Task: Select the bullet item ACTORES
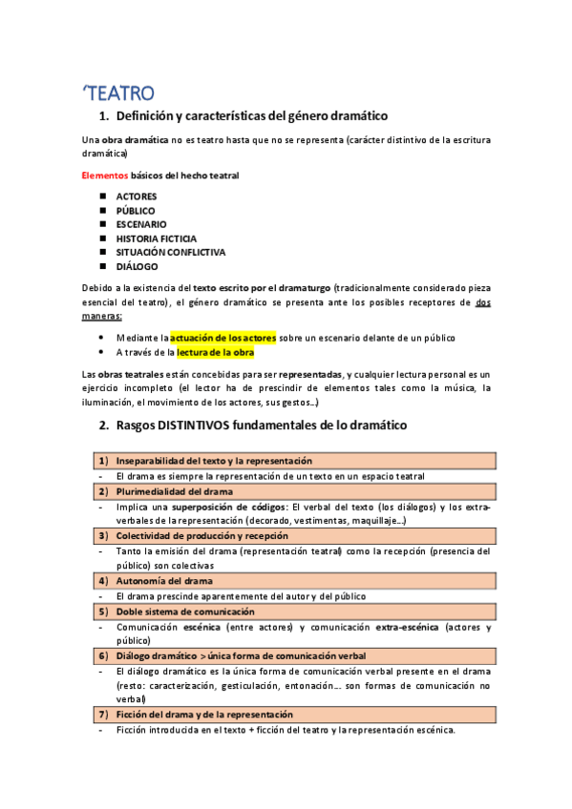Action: tap(137, 197)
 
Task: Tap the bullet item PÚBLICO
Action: tap(136, 211)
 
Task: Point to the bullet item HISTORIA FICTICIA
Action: tap(157, 239)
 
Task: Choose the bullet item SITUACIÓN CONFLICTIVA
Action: tap(171, 252)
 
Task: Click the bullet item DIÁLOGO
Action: tap(138, 266)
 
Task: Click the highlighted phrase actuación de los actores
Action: tap(223, 338)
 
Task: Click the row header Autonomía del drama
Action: tap(164, 580)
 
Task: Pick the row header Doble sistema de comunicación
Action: tap(185, 611)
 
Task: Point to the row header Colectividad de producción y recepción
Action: tap(217, 536)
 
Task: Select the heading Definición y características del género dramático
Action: tap(251, 117)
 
